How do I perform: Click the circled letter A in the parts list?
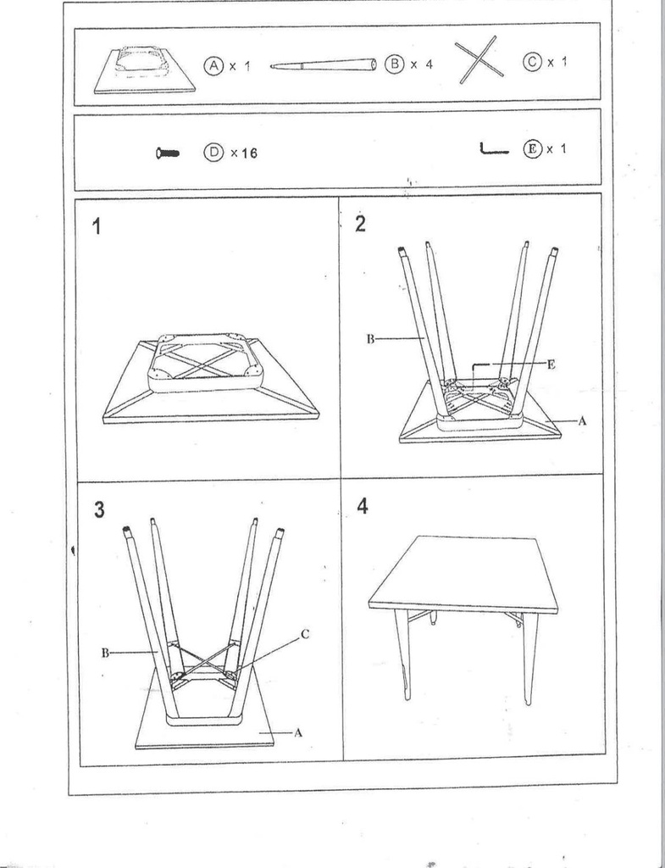213,65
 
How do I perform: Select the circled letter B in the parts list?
394,65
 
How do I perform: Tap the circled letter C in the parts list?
532,64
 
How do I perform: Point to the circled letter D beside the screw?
213,153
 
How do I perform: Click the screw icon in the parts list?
167,153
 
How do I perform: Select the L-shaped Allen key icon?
493,150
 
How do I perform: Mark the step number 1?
99,226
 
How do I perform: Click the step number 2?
361,224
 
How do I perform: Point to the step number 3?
100,509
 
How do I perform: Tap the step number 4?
363,506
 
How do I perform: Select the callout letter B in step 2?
370,339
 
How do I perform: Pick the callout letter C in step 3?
305,632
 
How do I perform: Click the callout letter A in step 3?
298,732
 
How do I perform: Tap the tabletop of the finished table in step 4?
463,574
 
